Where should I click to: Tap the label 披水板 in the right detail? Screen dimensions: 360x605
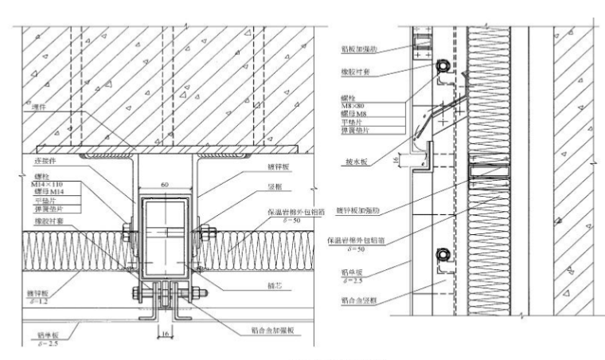[354, 160]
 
